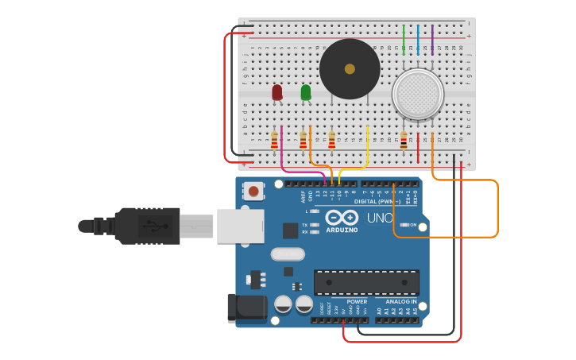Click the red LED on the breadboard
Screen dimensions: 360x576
tap(276, 92)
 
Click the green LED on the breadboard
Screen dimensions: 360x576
tap(306, 92)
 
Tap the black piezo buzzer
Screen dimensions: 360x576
tap(350, 69)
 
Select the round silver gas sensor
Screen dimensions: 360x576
tap(417, 94)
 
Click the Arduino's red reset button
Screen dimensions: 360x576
tap(253, 191)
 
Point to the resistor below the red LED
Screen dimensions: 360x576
tap(274, 141)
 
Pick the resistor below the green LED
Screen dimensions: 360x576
tap(303, 141)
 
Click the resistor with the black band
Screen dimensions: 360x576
tap(404, 141)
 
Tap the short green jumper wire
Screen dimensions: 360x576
tap(404, 38)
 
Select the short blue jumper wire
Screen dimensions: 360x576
tap(418, 38)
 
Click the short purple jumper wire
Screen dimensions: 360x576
tap(432, 38)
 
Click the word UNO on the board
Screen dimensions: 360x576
tap(380, 218)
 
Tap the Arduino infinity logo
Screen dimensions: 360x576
tap(341, 217)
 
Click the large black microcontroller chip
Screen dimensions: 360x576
tap(366, 282)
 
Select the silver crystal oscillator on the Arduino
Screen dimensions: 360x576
tap(287, 254)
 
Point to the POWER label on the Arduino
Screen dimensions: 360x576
tap(357, 301)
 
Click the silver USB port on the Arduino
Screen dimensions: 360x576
tap(240, 226)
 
